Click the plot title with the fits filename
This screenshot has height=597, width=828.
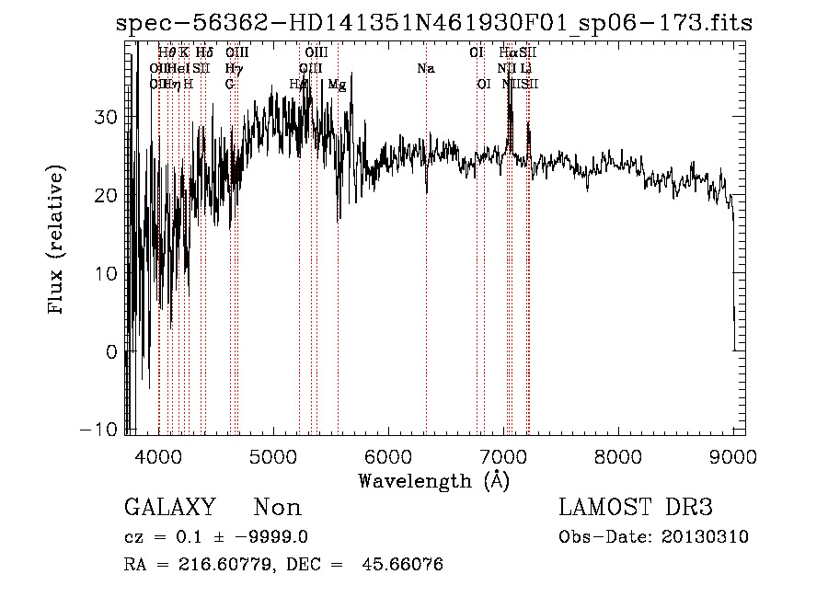point(434,23)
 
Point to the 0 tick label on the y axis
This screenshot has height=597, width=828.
point(111,351)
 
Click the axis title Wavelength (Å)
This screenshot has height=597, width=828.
point(433,480)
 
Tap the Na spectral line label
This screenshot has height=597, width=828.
point(425,69)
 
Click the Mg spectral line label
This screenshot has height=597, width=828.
point(337,85)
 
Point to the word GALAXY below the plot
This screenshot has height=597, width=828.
point(169,508)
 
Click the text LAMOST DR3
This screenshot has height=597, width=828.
point(636,508)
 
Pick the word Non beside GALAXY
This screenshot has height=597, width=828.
point(277,508)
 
